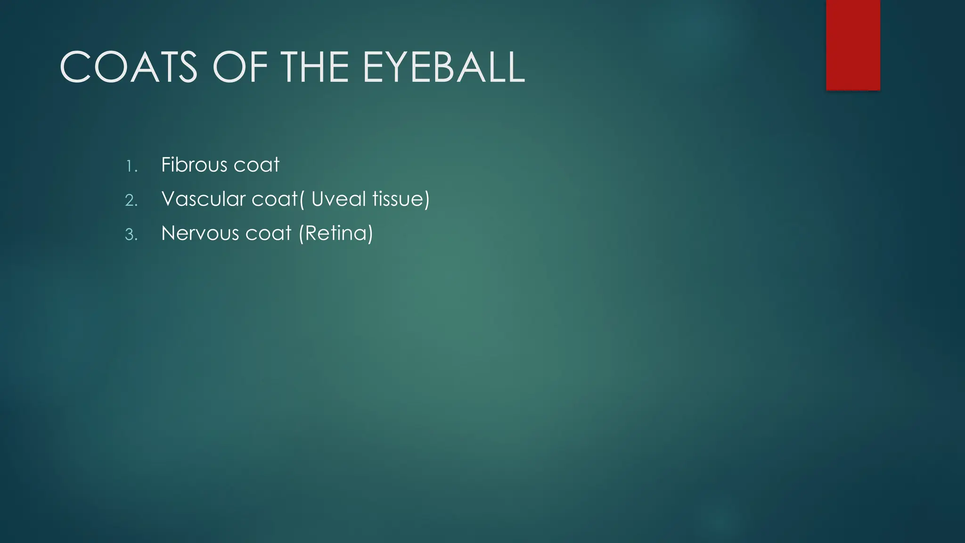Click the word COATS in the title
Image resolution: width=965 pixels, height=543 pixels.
pyautogui.click(x=129, y=67)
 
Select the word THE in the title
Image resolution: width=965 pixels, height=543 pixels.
pyautogui.click(x=317, y=67)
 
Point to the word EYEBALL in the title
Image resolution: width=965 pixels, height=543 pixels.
pyautogui.click(x=443, y=67)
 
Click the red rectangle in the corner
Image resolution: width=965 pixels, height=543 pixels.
pyautogui.click(x=853, y=45)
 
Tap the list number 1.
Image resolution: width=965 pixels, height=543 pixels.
pyautogui.click(x=131, y=166)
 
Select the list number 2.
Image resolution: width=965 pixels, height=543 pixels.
pyautogui.click(x=131, y=200)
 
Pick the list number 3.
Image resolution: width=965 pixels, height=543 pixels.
pyautogui.click(x=131, y=235)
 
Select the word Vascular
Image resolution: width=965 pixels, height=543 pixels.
pyautogui.click(x=203, y=199)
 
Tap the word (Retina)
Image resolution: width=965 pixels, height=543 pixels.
pyautogui.click(x=335, y=233)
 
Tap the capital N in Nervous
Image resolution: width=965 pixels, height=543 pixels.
pyautogui.click(x=169, y=233)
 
